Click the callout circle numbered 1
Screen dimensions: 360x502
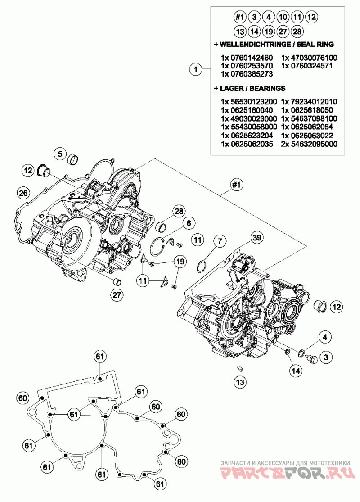[x=195, y=70]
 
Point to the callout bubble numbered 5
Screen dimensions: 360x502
[x=59, y=154]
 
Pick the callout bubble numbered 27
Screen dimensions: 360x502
[x=117, y=295]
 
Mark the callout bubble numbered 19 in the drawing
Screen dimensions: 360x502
[x=180, y=261]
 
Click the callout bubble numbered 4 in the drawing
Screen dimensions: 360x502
[x=326, y=336]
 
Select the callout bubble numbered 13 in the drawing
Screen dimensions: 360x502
[x=240, y=382]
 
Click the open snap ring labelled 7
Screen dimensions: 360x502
[x=203, y=266]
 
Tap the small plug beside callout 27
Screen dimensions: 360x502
[x=117, y=282]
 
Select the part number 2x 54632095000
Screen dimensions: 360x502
[x=309, y=144]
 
